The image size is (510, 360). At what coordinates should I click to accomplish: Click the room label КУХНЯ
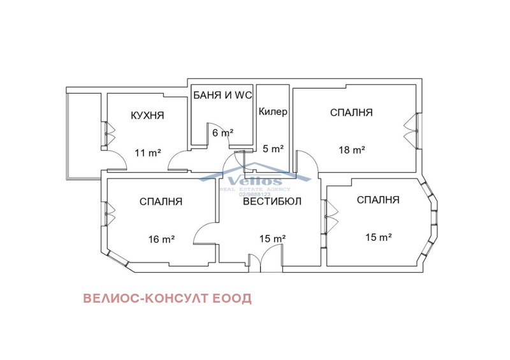point(147,115)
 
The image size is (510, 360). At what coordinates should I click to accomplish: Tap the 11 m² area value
point(147,153)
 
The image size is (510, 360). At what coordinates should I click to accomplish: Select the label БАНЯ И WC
point(222,96)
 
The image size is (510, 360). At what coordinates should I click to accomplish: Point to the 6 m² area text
point(222,133)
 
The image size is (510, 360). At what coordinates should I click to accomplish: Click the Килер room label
point(273,112)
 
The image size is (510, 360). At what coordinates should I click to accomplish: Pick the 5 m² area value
point(273,149)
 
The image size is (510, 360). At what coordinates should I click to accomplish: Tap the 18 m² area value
point(351,150)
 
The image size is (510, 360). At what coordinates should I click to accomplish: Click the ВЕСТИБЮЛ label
point(272,201)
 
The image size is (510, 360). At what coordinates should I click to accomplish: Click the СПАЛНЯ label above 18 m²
point(351,113)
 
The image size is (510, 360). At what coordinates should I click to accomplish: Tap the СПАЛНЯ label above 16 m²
point(161,201)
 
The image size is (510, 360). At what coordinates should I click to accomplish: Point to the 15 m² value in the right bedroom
point(378,237)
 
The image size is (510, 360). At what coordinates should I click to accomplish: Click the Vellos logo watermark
point(254,179)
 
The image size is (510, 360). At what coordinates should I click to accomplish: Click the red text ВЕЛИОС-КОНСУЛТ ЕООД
point(167,298)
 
